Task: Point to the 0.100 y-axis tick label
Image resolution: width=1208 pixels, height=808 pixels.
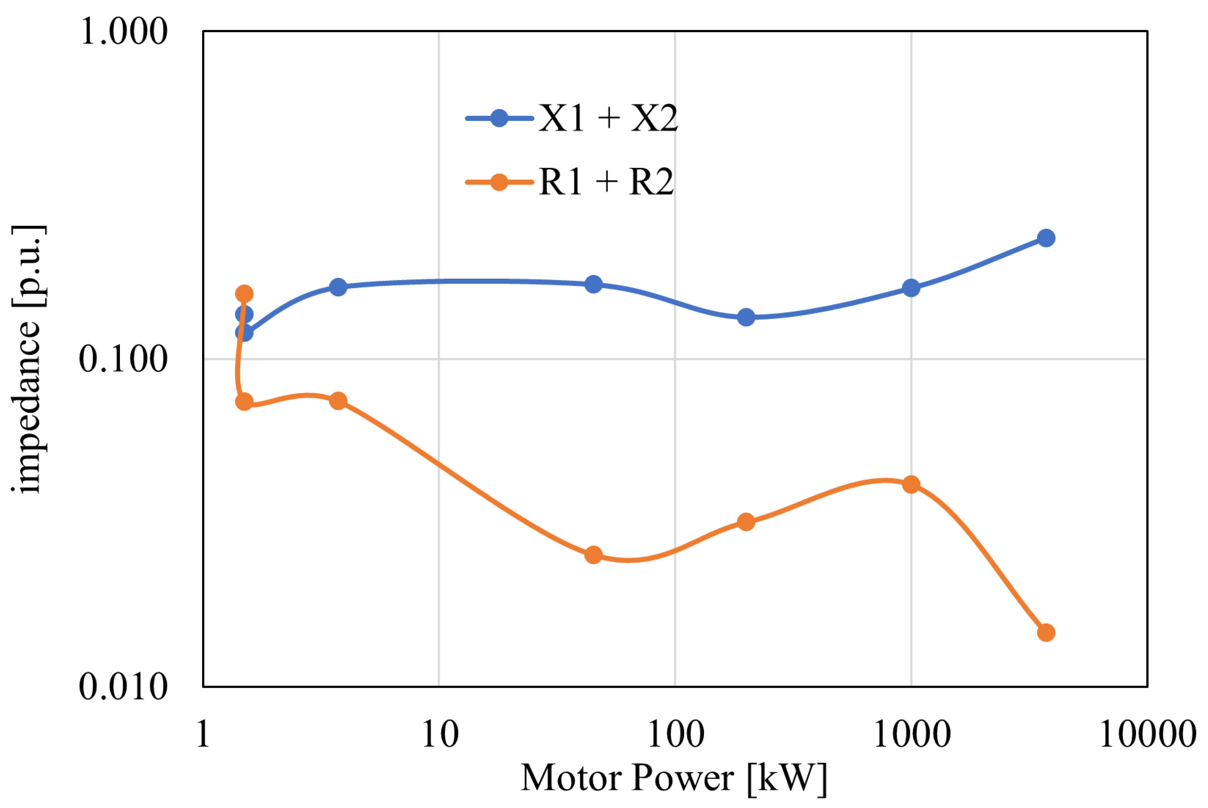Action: click(x=123, y=359)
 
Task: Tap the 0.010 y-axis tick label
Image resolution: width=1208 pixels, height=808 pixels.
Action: click(x=123, y=687)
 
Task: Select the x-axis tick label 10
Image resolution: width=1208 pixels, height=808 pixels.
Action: click(x=440, y=734)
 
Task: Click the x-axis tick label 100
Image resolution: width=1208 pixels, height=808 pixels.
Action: click(x=676, y=734)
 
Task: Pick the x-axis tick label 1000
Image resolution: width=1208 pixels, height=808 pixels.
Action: click(x=912, y=734)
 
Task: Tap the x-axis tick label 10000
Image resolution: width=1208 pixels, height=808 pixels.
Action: click(x=1148, y=734)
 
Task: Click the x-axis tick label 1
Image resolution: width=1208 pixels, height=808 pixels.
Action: click(x=203, y=734)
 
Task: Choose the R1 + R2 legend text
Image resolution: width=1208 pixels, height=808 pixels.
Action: click(x=606, y=182)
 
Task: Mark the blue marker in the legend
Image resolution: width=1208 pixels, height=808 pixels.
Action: click(x=499, y=118)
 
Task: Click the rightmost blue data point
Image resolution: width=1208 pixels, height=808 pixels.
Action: click(x=1046, y=238)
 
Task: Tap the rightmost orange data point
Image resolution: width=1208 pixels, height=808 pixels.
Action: click(x=1046, y=632)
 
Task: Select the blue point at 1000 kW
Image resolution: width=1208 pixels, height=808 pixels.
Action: click(x=911, y=288)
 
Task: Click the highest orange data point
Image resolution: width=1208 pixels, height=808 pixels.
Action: click(x=244, y=294)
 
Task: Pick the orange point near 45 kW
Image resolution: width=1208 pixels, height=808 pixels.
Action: click(x=593, y=555)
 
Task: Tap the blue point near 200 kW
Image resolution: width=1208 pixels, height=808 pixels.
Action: click(x=746, y=317)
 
